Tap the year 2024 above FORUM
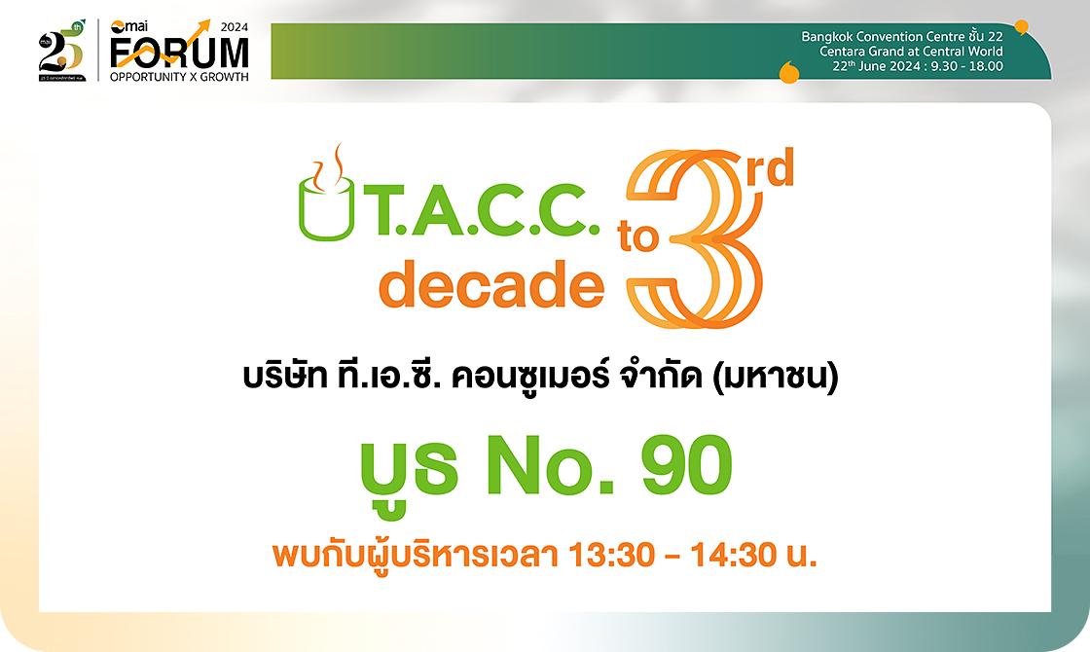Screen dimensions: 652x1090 [235, 27]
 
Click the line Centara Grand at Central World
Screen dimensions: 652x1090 [910, 52]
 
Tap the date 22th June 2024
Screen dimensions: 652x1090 [872, 66]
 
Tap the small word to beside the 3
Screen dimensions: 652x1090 [638, 238]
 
